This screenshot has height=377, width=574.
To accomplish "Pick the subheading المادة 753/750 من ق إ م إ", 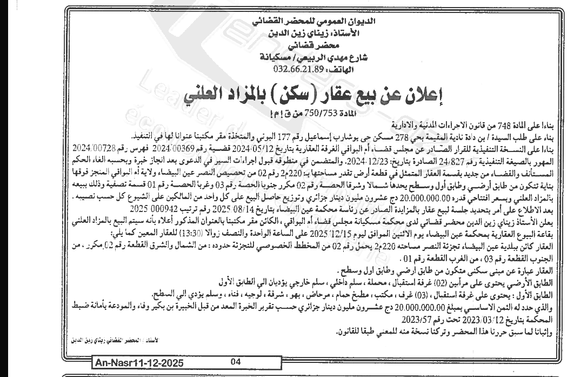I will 302,114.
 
